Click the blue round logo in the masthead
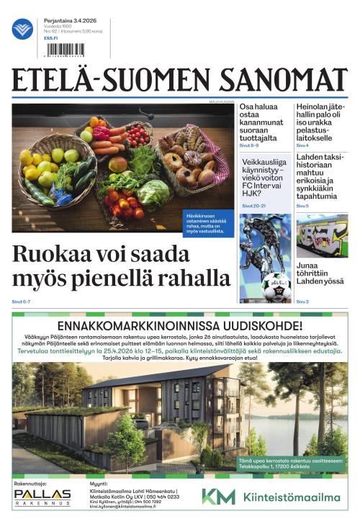(23, 29)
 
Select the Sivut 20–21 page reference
(253, 206)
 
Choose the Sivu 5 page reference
(302, 206)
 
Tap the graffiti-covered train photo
(322, 235)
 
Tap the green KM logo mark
(218, 497)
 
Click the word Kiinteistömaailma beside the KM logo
(291, 497)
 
